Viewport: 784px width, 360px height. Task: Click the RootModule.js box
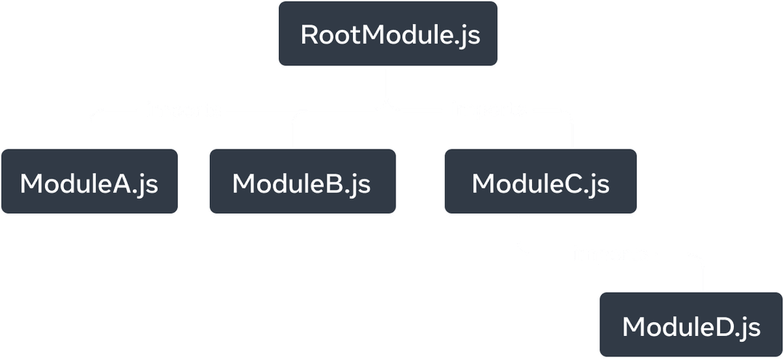(388, 35)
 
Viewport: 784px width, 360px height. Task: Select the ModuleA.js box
(89, 182)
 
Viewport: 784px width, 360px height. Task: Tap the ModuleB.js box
(302, 182)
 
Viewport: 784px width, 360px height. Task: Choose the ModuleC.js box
(541, 182)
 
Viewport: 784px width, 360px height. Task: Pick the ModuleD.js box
(690, 326)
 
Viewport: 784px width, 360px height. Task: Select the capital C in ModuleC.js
(571, 184)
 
